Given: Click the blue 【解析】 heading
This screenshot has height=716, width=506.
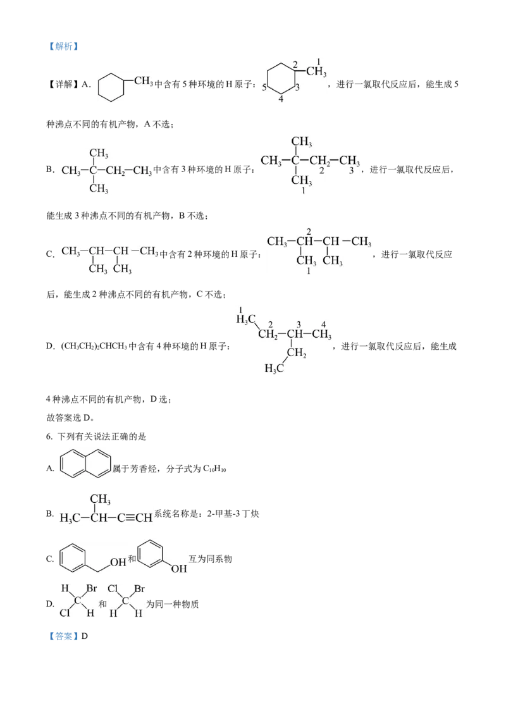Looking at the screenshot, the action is pyautogui.click(x=63, y=46).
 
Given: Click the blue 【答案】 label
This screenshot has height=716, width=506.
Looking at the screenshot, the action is pyautogui.click(x=63, y=636).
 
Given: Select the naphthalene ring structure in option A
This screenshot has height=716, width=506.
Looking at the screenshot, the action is pyautogui.click(x=85, y=464).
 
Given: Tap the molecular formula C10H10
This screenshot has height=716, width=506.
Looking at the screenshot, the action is pyautogui.click(x=214, y=469).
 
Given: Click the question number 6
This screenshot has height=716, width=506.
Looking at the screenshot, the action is pyautogui.click(x=49, y=436).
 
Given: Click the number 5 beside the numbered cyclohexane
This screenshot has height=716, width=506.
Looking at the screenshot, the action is pyautogui.click(x=264, y=87).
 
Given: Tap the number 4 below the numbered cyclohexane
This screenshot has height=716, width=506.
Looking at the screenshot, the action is pyautogui.click(x=281, y=99).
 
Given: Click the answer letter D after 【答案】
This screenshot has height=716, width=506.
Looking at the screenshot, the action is pyautogui.click(x=85, y=636).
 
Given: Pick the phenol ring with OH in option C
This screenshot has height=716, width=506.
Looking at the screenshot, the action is pyautogui.click(x=151, y=554).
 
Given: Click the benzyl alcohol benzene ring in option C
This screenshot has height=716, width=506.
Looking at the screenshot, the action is pyautogui.click(x=73, y=557).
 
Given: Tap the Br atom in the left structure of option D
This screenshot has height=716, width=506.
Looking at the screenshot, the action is pyautogui.click(x=92, y=589).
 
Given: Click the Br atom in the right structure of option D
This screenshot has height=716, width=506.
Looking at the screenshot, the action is pyautogui.click(x=139, y=589).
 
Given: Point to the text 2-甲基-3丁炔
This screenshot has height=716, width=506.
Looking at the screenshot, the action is pyautogui.click(x=233, y=514).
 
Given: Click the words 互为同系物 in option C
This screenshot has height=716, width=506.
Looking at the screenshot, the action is pyautogui.click(x=211, y=559).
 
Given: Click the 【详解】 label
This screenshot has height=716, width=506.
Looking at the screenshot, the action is pyautogui.click(x=63, y=84).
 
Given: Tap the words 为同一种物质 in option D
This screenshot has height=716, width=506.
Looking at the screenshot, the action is pyautogui.click(x=173, y=604).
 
